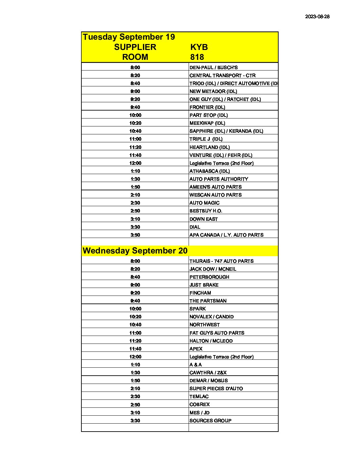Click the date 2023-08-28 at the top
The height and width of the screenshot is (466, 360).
coord(317,17)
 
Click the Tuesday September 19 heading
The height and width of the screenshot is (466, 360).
coord(129,37)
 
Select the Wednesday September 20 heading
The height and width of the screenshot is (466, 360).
coord(135,251)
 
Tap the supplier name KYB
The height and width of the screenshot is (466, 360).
coord(199,47)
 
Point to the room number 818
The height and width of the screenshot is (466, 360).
coord(197,57)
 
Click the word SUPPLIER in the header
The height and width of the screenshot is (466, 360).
coord(135,47)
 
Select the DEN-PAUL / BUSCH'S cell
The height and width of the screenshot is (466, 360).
coord(213,68)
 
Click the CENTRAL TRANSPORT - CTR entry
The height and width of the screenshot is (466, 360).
coord(222,75)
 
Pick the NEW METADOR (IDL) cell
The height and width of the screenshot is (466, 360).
coord(213,91)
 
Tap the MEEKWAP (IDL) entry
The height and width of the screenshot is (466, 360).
coord(207,123)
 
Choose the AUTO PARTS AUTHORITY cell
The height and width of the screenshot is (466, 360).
coord(219,179)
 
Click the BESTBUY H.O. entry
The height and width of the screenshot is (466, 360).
coord(206,211)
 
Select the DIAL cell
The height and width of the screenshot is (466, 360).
coord(195,227)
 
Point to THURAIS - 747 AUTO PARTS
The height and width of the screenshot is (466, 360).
coord(221,261)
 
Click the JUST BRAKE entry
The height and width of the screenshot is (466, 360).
coord(204,285)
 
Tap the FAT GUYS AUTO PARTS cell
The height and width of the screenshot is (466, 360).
coord(217,333)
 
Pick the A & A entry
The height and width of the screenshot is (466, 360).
coord(196,365)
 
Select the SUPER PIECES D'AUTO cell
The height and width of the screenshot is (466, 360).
coord(216,389)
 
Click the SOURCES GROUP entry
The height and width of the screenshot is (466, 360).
coord(210,421)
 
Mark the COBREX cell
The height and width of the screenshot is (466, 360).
coord(200,404)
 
